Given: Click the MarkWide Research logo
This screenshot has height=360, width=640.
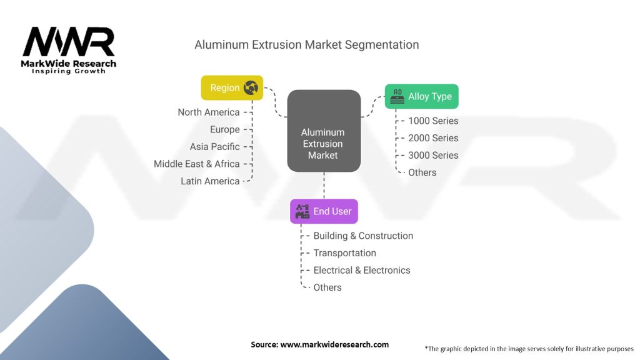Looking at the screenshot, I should tap(69, 50).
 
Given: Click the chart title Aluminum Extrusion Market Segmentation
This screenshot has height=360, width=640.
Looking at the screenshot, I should tap(306, 45).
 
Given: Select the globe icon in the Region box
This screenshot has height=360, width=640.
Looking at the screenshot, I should tap(251, 88).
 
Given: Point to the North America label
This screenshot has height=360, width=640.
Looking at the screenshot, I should tap(209, 112).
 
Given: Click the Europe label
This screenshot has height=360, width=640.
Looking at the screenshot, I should tap(225, 129).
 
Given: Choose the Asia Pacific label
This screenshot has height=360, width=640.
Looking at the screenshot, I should tap(215, 147).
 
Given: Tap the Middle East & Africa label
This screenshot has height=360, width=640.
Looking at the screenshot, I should tap(197, 164).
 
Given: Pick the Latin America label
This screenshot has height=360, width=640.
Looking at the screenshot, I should tap(210, 181).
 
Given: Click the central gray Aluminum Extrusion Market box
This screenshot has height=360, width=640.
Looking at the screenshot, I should tap(324, 131).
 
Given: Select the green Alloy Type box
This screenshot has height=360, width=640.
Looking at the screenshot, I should tap(422, 96).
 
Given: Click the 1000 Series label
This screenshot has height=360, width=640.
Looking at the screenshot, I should tap(433, 121).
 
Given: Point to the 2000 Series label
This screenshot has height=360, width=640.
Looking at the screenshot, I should tap(433, 138).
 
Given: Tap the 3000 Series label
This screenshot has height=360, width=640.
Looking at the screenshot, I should tap(433, 155).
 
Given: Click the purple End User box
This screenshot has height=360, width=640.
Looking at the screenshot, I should tap(324, 211).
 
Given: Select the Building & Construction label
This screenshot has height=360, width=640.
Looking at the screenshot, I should tap(363, 236).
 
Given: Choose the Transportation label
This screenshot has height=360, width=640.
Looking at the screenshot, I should tap(344, 253).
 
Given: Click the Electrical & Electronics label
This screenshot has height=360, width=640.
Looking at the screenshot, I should tap(362, 270).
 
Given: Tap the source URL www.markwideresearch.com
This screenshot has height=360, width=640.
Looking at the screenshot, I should tap(334, 344).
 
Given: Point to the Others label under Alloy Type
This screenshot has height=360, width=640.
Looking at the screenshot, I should tap(422, 172).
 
